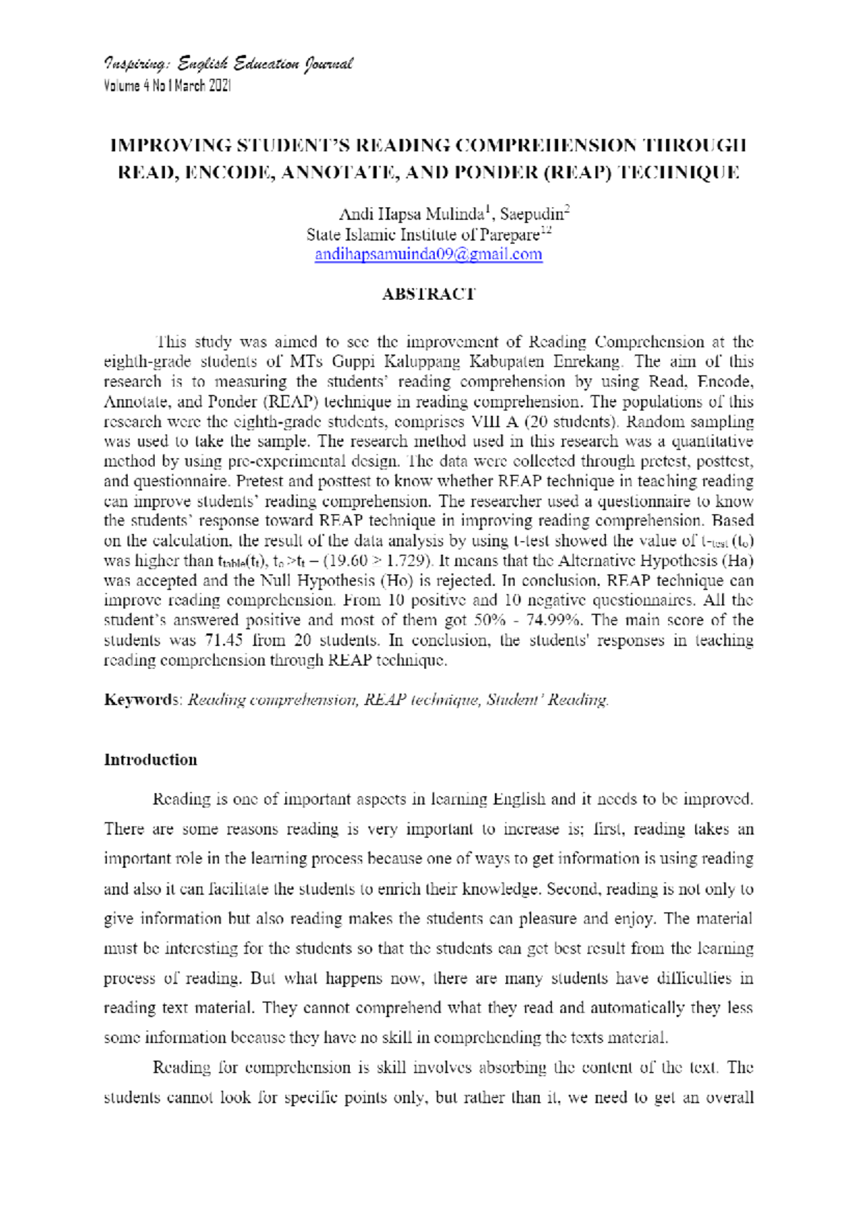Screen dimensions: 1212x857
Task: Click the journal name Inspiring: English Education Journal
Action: click(x=228, y=64)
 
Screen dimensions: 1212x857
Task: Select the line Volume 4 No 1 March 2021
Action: click(x=167, y=86)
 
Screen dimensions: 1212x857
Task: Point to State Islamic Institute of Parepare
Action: click(x=423, y=235)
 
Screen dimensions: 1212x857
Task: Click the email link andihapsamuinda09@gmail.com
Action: click(x=428, y=255)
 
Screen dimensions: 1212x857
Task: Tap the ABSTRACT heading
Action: click(x=428, y=294)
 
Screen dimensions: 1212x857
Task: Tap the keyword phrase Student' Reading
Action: click(x=547, y=700)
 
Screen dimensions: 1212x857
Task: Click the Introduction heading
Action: click(x=150, y=759)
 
